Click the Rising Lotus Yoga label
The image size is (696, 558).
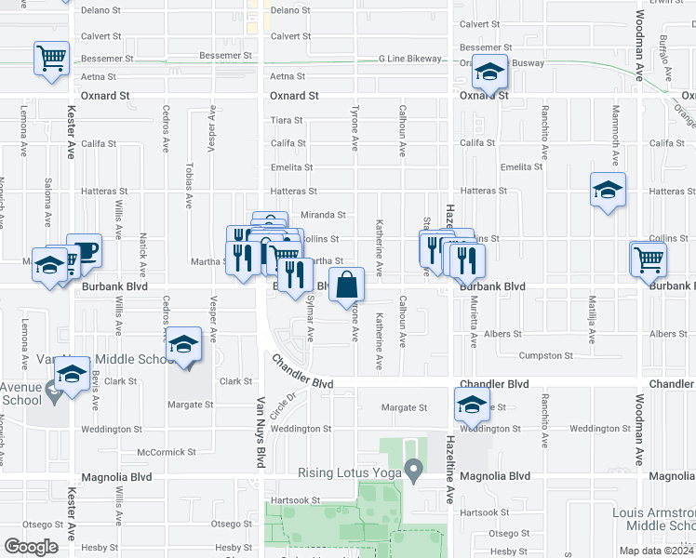pyautogui.click(x=349, y=473)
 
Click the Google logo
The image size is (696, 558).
pyautogui.click(x=31, y=547)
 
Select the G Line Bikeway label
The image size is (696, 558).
pyautogui.click(x=409, y=59)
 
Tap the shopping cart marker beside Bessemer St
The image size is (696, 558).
pyautogui.click(x=51, y=58)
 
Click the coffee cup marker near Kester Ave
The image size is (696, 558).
pyautogui.click(x=84, y=250)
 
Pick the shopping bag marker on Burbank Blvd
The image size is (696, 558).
pyautogui.click(x=346, y=286)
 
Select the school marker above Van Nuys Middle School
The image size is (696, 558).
pyautogui.click(x=184, y=344)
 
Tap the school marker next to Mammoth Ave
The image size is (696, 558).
pyautogui.click(x=608, y=191)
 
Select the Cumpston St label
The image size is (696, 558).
pyautogui.click(x=545, y=356)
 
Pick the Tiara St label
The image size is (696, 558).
pyautogui.click(x=286, y=120)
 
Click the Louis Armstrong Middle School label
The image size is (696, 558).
pyautogui.click(x=652, y=519)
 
